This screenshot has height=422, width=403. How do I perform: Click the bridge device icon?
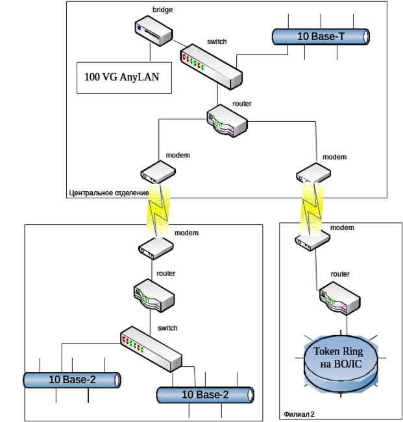pos(154,30)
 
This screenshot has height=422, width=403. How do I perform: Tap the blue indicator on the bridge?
pos(139,28)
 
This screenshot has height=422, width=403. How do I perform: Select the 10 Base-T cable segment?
pos(321,37)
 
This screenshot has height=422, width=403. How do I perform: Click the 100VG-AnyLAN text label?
pos(122,78)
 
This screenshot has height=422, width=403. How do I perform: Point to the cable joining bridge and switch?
pos(177,43)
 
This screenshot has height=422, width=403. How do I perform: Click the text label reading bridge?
pos(162,10)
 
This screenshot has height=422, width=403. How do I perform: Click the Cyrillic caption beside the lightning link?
pos(107,193)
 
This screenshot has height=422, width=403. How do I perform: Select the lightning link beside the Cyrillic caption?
pos(158,209)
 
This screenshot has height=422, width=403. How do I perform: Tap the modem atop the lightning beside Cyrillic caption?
pos(158,172)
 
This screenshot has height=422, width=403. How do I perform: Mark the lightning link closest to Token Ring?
pos(313,207)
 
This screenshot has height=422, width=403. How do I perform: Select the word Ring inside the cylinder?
pos(361,351)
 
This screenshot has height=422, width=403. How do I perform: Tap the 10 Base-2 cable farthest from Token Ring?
pos(72,380)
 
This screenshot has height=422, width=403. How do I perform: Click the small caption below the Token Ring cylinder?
pos(299,414)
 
